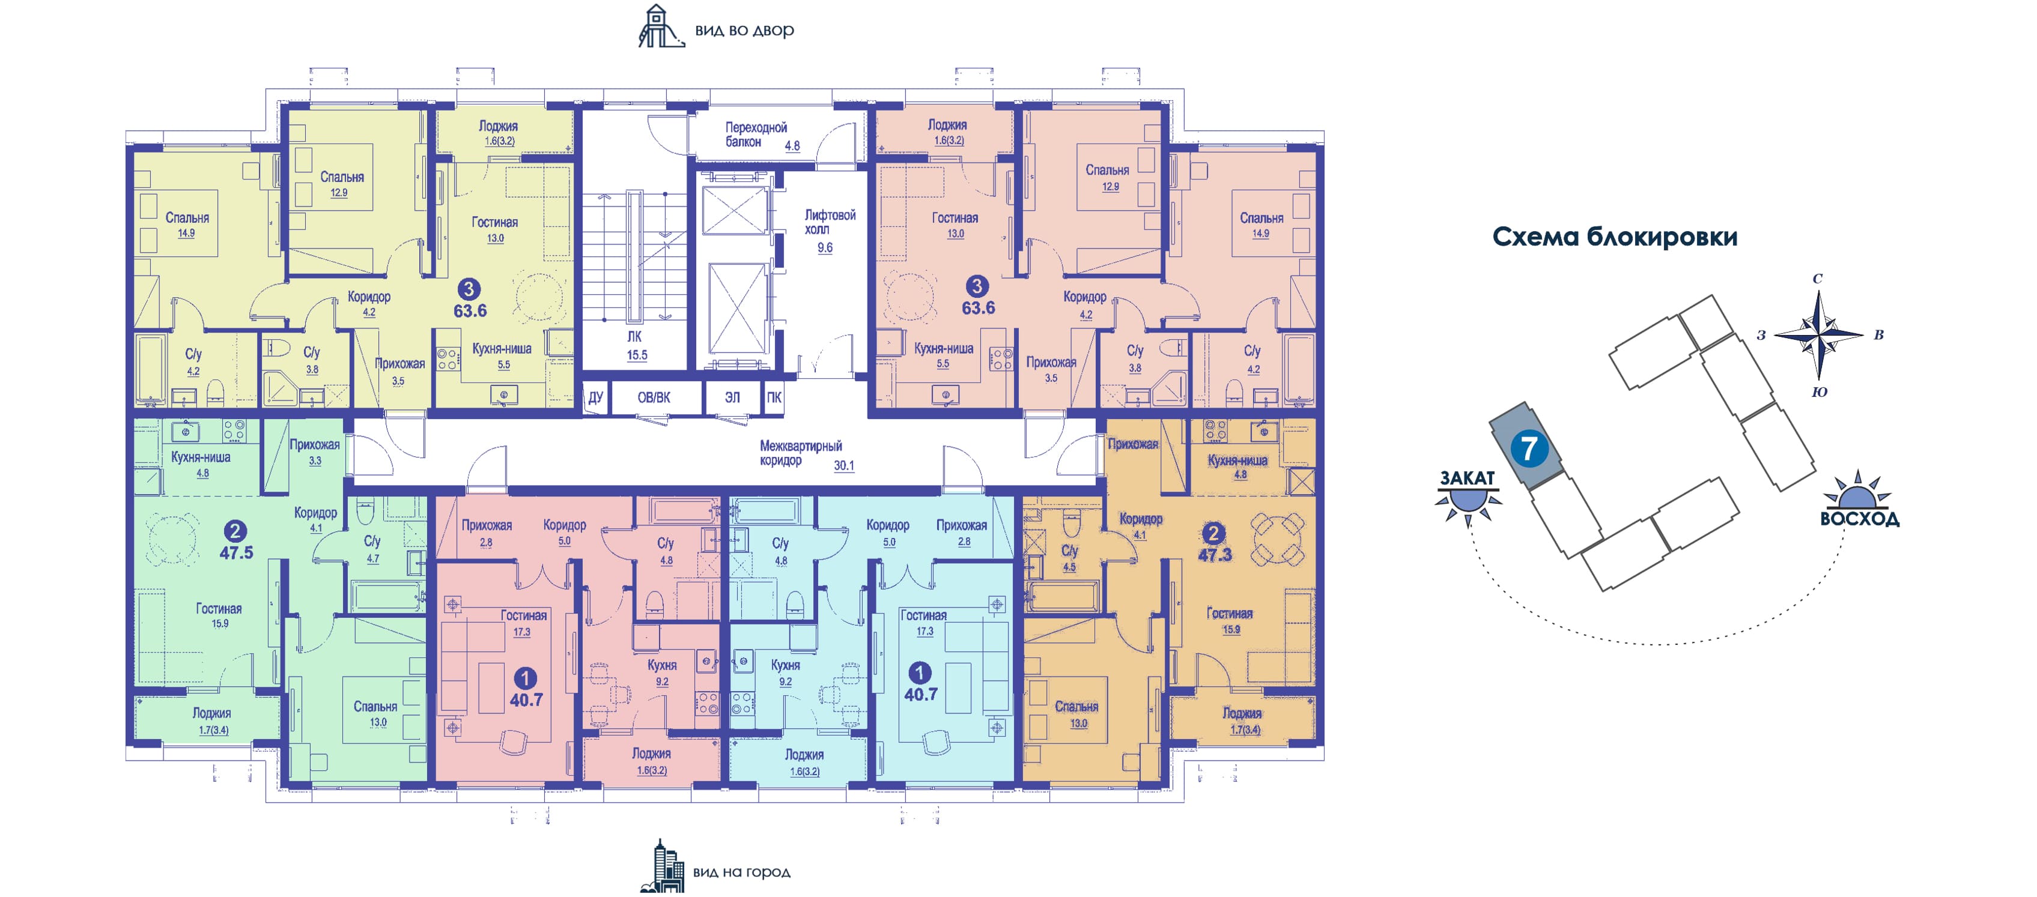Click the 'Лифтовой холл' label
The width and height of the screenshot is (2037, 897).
(830, 222)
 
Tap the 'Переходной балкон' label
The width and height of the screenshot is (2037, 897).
(755, 134)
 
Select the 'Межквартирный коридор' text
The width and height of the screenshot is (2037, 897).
(800, 453)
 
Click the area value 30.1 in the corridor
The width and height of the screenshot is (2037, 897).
(844, 465)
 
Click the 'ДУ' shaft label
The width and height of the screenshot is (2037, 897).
(595, 397)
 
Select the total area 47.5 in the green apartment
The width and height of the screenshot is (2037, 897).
(237, 552)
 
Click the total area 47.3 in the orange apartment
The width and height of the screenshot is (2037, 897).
(1215, 555)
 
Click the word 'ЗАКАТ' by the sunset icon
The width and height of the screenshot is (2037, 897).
(1468, 478)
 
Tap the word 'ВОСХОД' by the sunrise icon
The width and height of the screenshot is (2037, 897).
(1859, 519)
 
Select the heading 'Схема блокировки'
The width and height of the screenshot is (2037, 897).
(1614, 237)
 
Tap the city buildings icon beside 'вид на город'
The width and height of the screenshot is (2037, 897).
(663, 868)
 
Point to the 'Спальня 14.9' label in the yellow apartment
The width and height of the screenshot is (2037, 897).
(187, 225)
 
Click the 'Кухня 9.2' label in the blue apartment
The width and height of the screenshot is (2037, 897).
(785, 672)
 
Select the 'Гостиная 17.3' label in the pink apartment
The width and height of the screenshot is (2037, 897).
(523, 623)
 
